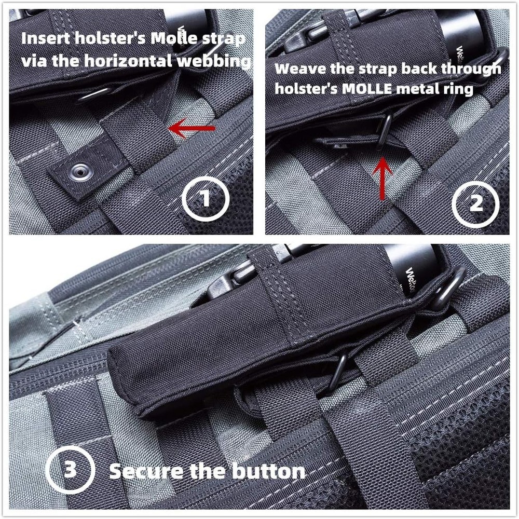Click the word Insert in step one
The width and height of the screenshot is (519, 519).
point(44,39)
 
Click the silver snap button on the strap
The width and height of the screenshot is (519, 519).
point(80,170)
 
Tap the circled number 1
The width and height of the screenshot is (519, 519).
point(206,198)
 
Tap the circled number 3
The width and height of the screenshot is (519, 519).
point(70,470)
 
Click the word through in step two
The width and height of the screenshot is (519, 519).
point(471,69)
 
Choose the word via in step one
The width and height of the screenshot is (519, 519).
point(34,61)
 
